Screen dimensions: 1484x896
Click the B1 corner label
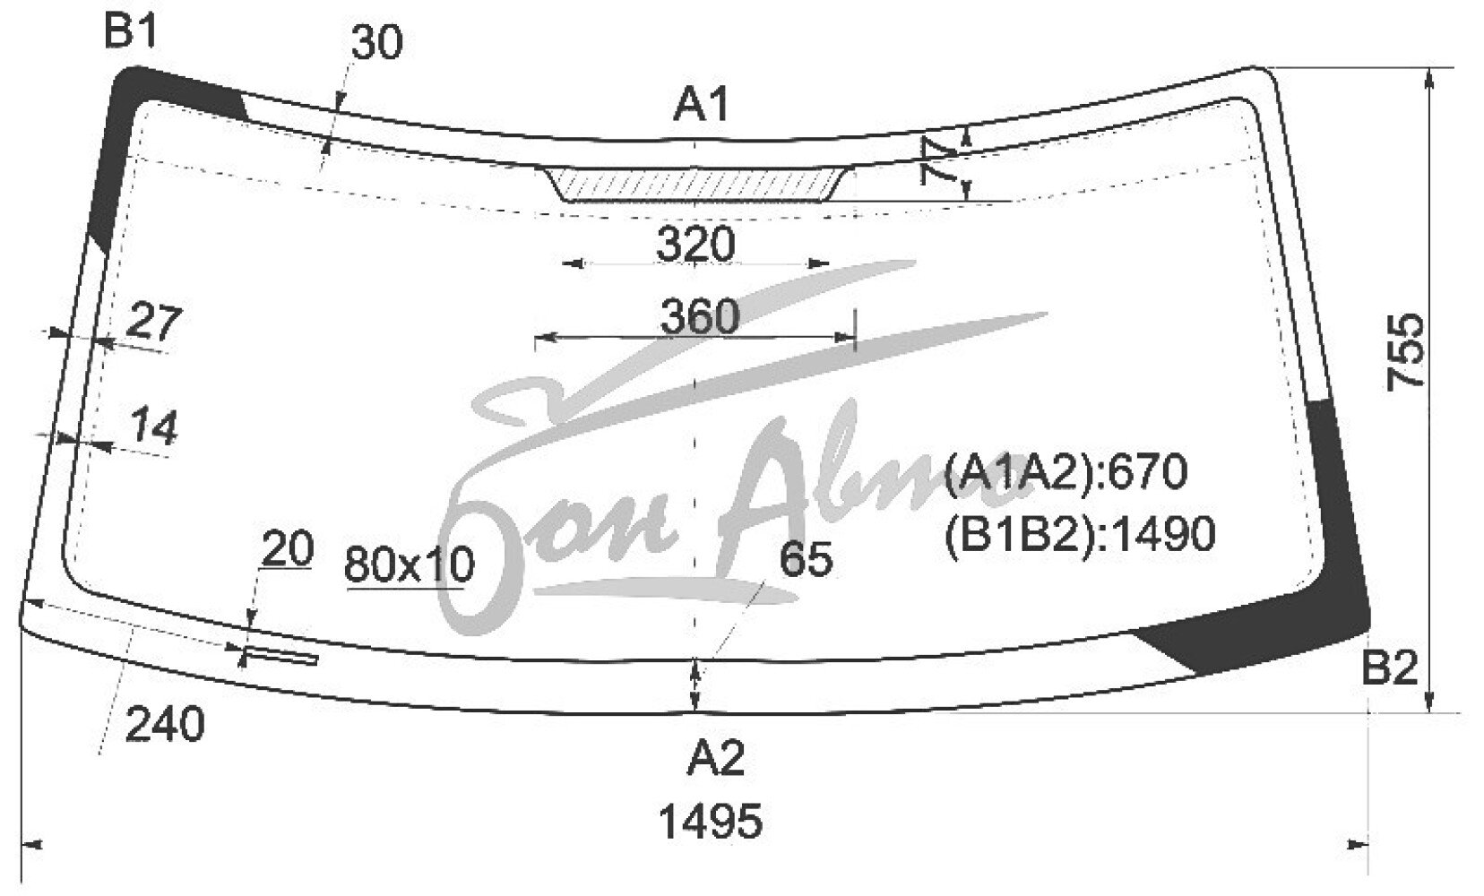click(131, 31)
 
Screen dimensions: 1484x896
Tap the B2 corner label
click(1389, 668)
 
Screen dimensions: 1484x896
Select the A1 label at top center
click(701, 106)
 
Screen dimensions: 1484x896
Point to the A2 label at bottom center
click(716, 758)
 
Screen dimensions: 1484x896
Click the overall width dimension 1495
click(711, 821)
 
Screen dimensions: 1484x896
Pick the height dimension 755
click(1405, 351)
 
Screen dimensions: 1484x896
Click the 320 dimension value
click(695, 244)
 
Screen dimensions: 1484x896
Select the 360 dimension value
click(700, 316)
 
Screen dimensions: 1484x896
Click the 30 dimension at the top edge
click(376, 42)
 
